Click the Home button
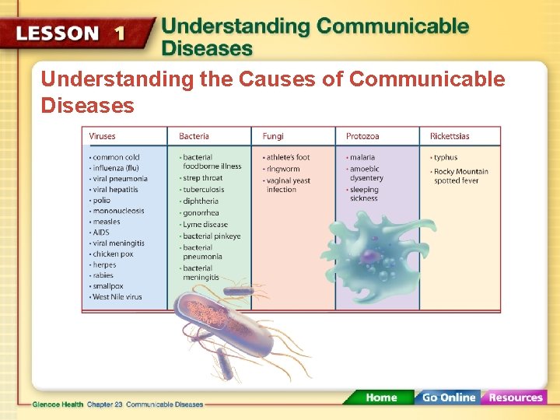tap(381, 397)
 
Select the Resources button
tap(515, 397)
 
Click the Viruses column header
tap(103, 136)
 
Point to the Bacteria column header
tap(194, 136)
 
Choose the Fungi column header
tap(273, 136)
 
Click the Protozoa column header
tap(363, 136)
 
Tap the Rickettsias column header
tap(450, 136)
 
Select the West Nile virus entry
tap(117, 297)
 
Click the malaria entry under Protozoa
tap(362, 157)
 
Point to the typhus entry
tap(446, 157)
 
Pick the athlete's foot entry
tap(287, 157)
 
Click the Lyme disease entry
tap(205, 225)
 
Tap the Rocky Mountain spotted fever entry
tap(460, 176)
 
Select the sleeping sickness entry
tap(364, 194)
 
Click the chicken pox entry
tap(113, 254)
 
